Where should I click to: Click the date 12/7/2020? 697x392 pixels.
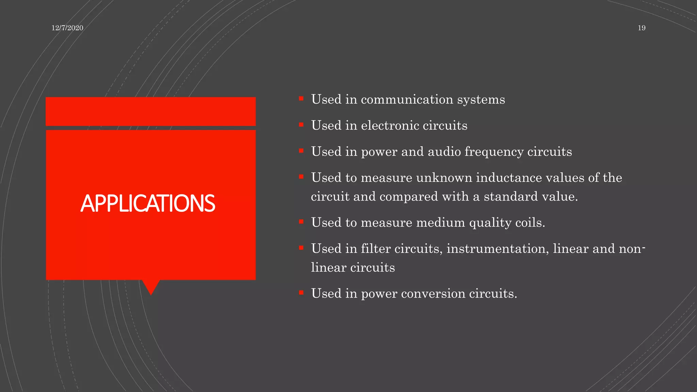67,28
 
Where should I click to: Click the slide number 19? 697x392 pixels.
642,28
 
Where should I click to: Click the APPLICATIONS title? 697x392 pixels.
148,203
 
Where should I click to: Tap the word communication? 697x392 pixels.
407,99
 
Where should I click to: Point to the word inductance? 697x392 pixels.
509,178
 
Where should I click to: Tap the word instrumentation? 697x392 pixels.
498,249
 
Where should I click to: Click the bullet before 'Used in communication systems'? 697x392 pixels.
301,99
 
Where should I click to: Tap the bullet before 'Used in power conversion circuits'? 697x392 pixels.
301,293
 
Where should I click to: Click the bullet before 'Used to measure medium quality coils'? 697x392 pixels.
301,222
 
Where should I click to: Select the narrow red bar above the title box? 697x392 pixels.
150,111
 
